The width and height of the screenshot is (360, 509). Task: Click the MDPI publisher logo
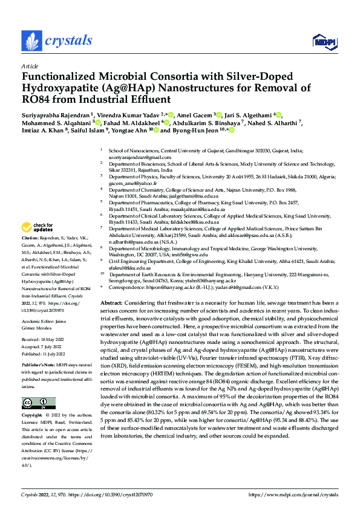(322, 41)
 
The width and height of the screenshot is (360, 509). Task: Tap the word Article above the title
(30, 66)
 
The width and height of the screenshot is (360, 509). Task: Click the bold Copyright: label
(33, 417)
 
